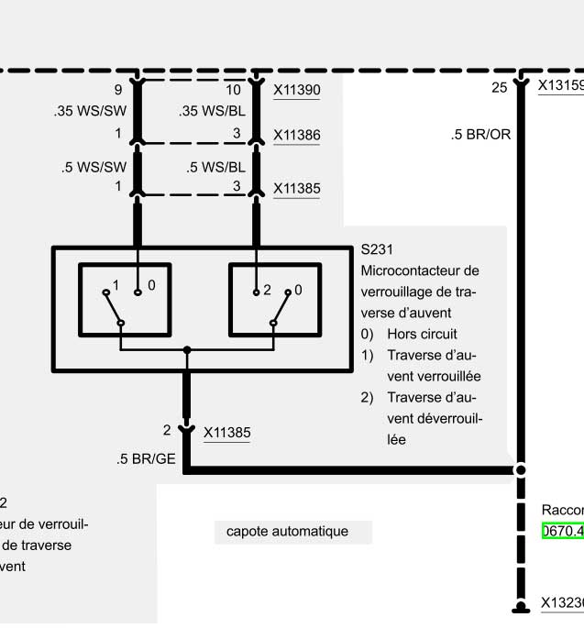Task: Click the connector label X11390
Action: [x=297, y=91]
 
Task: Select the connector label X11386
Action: [x=297, y=135]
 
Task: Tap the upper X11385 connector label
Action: [x=297, y=189]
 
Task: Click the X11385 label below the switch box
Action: [x=226, y=432]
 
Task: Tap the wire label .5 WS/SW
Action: [x=94, y=168]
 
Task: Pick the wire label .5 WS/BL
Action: [x=215, y=168]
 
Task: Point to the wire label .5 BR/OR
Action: [x=480, y=135]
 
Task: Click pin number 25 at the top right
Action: [x=499, y=88]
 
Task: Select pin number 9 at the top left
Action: [x=118, y=90]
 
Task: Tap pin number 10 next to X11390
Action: [x=233, y=90]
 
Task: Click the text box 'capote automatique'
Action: [x=287, y=531]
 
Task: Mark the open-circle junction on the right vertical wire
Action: [x=521, y=470]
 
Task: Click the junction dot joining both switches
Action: [x=187, y=350]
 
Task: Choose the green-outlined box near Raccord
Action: [x=563, y=531]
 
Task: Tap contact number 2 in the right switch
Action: [x=267, y=290]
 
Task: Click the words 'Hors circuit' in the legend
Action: [x=422, y=334]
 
